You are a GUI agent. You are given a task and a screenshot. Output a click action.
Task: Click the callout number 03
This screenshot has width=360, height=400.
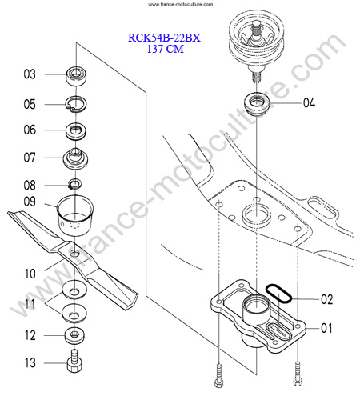pyautogui.click(x=30, y=74)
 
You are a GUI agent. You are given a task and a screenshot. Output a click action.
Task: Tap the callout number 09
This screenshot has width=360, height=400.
pyautogui.click(x=30, y=202)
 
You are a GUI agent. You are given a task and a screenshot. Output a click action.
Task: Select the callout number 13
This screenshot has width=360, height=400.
pyautogui.click(x=30, y=362)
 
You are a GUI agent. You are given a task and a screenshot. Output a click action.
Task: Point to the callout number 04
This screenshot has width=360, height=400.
pyautogui.click(x=310, y=102)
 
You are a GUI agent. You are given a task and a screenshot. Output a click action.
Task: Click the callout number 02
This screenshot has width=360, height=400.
pyautogui.click(x=327, y=299)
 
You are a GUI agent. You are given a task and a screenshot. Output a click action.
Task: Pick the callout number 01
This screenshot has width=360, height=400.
pyautogui.click(x=326, y=328)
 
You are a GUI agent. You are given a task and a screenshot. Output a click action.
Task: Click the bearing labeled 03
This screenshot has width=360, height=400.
pyautogui.click(x=76, y=76)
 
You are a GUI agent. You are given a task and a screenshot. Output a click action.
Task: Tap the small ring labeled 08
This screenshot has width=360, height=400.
pyautogui.click(x=75, y=184)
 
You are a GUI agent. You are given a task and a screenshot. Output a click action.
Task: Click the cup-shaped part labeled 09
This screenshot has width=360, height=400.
pyautogui.click(x=75, y=215)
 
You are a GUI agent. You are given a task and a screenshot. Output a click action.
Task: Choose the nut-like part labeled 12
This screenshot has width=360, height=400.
pyautogui.click(x=75, y=335)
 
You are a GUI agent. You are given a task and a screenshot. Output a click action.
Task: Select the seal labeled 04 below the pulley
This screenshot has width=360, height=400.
pyautogui.click(x=257, y=104)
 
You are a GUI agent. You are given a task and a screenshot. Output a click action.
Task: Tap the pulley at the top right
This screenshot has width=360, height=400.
pyautogui.click(x=256, y=40)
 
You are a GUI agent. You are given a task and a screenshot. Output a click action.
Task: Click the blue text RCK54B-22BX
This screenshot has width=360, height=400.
pyautogui.click(x=164, y=38)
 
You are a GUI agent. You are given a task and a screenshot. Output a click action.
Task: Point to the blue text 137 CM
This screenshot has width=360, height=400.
pyautogui.click(x=166, y=49)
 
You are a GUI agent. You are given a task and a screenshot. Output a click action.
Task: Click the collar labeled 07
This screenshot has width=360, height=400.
pyautogui.click(x=75, y=158)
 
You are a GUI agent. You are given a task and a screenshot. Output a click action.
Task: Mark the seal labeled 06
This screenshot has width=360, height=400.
pyautogui.click(x=76, y=131)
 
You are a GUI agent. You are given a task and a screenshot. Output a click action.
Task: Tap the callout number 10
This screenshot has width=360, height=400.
pyautogui.click(x=30, y=274)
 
